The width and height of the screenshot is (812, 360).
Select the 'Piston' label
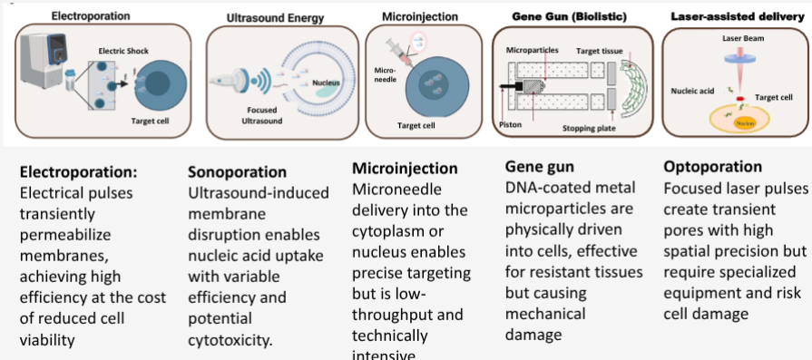(508, 122)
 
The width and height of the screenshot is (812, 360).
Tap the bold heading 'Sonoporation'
(237, 171)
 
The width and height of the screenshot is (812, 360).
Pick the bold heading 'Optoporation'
(712, 168)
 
